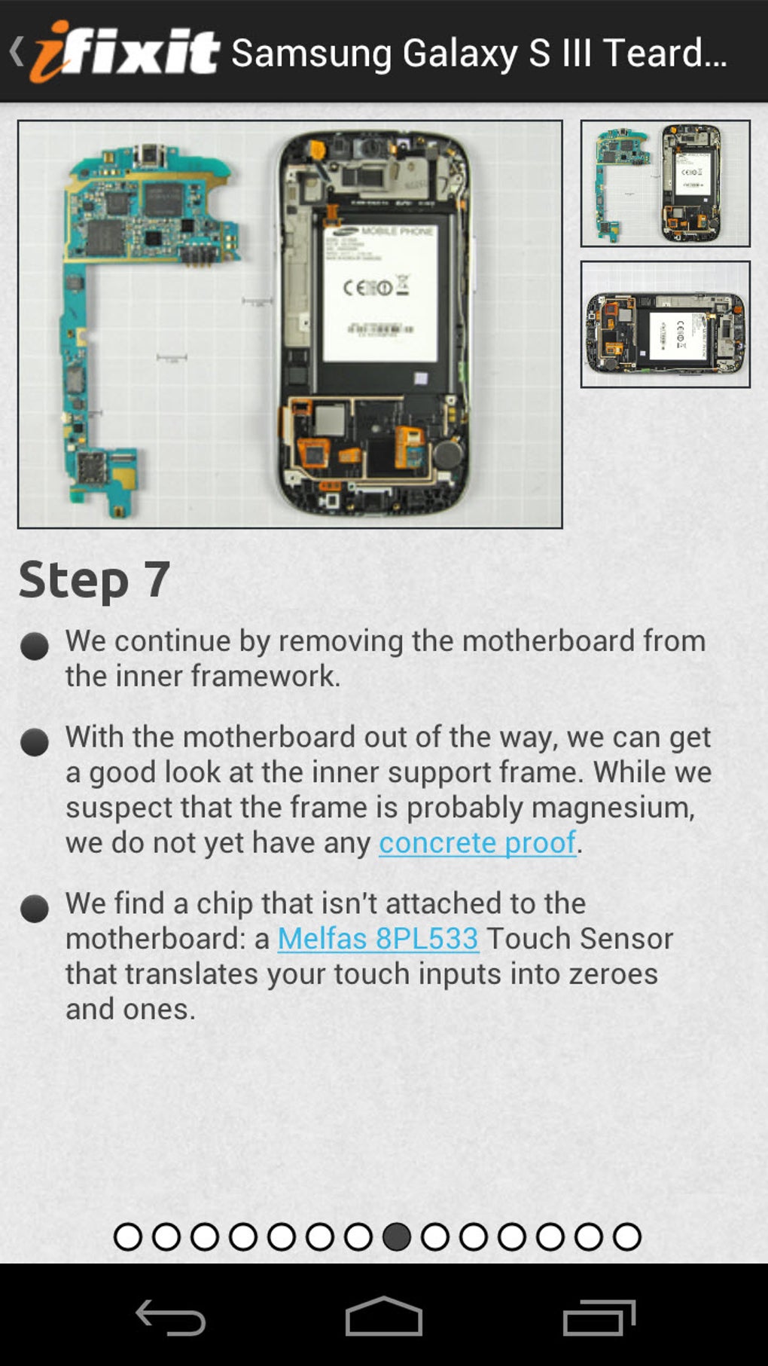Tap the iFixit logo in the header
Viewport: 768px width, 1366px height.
tap(124, 51)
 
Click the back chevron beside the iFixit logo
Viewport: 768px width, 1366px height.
tap(17, 51)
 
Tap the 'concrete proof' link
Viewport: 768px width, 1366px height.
tap(477, 842)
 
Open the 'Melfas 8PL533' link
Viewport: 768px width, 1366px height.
tap(378, 938)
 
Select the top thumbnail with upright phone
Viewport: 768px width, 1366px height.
tap(665, 183)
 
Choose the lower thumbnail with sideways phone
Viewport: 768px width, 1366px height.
tap(665, 324)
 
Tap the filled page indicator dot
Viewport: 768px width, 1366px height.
tap(397, 1236)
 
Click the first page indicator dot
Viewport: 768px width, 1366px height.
tap(128, 1236)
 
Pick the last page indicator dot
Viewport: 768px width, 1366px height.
tap(627, 1236)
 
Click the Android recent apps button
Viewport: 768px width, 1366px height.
tap(599, 1317)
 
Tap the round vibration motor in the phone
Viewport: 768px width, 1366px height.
tap(450, 454)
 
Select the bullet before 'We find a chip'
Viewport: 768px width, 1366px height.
tap(35, 909)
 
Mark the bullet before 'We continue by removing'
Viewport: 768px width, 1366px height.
tap(35, 646)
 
